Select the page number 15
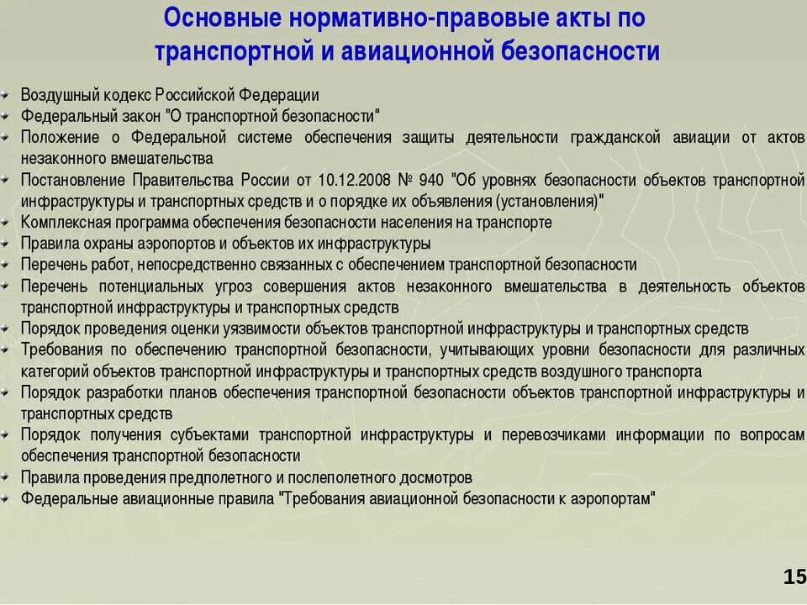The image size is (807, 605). coord(794,576)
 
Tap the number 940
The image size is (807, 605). coord(430,180)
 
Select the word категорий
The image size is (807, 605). coord(53,371)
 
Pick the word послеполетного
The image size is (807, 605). coord(326,477)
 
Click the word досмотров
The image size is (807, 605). coord(430,477)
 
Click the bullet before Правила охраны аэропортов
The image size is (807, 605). coord(8,244)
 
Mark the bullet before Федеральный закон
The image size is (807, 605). coord(8,116)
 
